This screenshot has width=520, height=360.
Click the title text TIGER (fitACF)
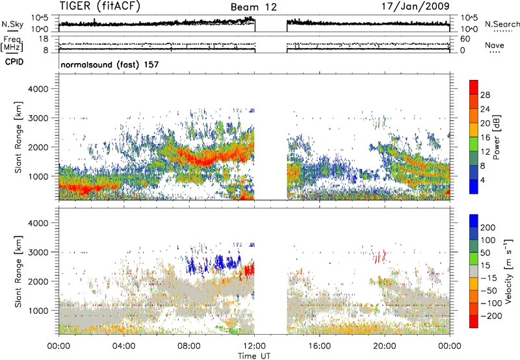[100, 6]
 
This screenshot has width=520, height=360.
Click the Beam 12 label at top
[253, 7]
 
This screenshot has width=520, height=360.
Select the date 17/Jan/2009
[415, 6]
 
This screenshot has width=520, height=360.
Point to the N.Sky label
[12, 24]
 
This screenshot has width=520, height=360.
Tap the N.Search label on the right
[502, 24]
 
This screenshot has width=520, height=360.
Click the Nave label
[495, 45]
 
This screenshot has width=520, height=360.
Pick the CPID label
[14, 62]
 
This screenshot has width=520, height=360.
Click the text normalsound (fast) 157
[110, 64]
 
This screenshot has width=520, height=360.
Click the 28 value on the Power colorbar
[485, 95]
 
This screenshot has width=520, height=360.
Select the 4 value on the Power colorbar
[483, 180]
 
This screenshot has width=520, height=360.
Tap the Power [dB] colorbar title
[497, 137]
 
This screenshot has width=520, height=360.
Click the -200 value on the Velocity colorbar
[491, 316]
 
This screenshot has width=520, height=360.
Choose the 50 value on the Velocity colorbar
[485, 253]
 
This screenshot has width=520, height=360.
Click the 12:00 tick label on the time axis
[254, 346]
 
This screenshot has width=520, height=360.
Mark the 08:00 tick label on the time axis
[189, 346]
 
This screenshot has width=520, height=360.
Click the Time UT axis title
[254, 356]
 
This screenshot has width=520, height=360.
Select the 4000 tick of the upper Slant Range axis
[38, 89]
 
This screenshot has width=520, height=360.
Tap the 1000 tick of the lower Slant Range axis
[38, 311]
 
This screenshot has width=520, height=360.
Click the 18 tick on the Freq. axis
[44, 39]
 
